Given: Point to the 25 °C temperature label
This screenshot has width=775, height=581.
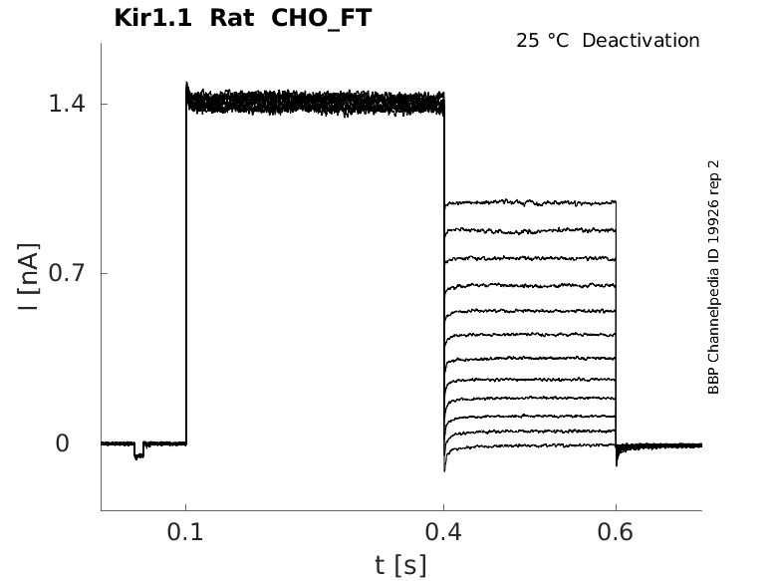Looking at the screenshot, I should click(x=541, y=41).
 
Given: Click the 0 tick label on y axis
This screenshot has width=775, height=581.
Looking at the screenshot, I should click(x=62, y=443).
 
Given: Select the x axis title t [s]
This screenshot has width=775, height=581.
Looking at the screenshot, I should click(x=400, y=566).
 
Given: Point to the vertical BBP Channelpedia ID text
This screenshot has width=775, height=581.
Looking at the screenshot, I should click(x=713, y=277).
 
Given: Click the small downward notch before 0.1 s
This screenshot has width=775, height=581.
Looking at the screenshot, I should click(x=138, y=454).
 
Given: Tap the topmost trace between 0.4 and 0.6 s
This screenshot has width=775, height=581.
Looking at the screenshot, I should click(x=528, y=202).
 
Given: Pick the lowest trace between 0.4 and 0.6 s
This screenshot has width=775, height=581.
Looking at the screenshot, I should click(x=528, y=444).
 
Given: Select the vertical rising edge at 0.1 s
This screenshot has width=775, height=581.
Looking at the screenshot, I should click(x=186, y=269).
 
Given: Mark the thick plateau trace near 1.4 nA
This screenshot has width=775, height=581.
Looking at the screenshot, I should click(x=314, y=102).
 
